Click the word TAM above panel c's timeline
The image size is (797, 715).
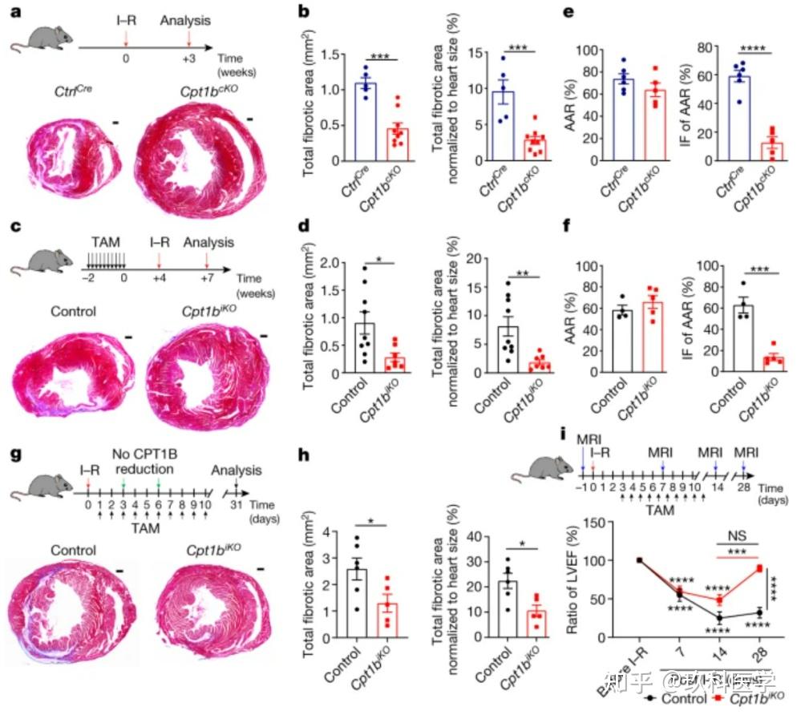click(107, 243)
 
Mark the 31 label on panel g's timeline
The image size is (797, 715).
click(237, 506)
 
